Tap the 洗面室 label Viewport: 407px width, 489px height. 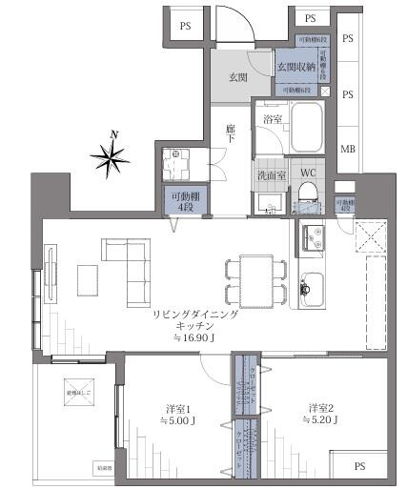click(x=271, y=176)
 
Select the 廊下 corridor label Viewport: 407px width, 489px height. click(x=232, y=133)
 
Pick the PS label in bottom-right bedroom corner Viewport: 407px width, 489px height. click(x=359, y=467)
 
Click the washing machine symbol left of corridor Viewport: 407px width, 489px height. click(x=176, y=161)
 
